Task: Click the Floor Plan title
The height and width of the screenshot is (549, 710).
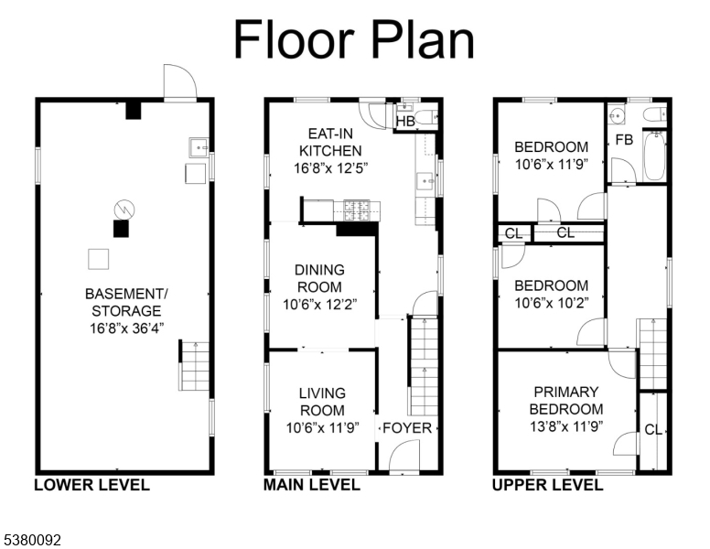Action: click(x=354, y=39)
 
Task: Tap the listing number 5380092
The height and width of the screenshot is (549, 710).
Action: click(x=32, y=540)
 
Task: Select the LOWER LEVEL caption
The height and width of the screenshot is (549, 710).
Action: click(x=91, y=485)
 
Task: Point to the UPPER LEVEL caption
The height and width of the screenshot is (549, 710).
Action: click(x=547, y=485)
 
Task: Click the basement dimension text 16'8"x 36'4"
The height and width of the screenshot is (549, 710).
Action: click(x=126, y=328)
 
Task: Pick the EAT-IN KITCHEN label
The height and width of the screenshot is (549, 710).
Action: click(x=330, y=142)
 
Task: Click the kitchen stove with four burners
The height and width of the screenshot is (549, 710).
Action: click(x=357, y=210)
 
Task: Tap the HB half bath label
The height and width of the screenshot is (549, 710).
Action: click(x=405, y=122)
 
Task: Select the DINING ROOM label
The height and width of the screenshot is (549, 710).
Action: click(x=319, y=278)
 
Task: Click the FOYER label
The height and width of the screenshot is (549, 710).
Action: click(x=407, y=428)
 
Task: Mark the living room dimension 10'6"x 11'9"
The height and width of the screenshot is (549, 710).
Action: click(x=322, y=427)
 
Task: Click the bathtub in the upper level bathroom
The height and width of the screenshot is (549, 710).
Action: click(x=654, y=156)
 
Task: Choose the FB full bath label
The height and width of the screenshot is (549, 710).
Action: click(x=624, y=139)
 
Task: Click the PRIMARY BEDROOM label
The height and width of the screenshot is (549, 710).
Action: click(x=566, y=401)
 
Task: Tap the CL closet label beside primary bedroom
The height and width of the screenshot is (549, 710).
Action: click(x=653, y=429)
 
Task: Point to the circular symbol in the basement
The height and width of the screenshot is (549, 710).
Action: click(x=124, y=210)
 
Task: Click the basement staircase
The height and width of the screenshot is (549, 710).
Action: click(x=194, y=366)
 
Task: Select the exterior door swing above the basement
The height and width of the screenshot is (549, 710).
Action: click(x=180, y=81)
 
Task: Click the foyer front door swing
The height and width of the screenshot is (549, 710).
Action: click(x=404, y=456)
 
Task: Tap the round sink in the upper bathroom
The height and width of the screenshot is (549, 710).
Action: click(x=616, y=115)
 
